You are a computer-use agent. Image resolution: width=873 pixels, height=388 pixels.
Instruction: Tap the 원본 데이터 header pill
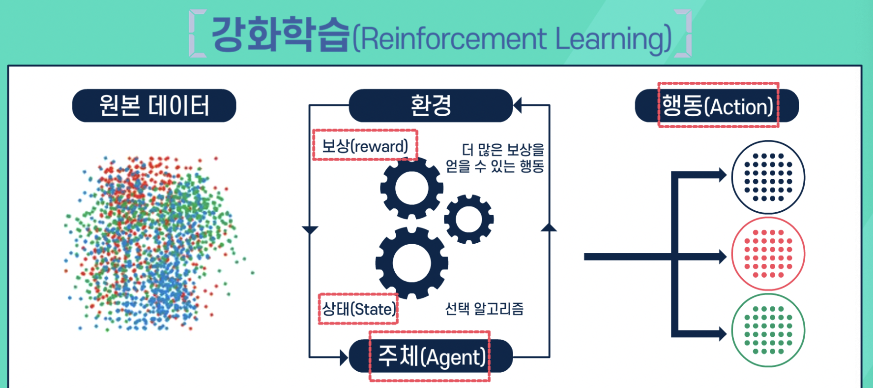click(154, 105)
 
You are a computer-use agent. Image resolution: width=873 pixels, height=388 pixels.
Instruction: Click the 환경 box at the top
click(431, 105)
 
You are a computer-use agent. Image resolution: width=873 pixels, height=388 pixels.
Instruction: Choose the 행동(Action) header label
click(718, 106)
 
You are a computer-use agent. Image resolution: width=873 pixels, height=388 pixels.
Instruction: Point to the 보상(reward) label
click(365, 146)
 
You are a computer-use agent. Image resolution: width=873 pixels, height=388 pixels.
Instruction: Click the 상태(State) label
click(358, 309)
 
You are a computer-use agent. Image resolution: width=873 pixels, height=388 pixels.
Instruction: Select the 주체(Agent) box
click(431, 356)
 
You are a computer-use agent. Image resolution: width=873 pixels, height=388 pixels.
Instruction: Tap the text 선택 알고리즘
click(484, 309)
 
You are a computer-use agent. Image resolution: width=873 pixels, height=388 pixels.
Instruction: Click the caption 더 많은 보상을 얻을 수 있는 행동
click(495, 158)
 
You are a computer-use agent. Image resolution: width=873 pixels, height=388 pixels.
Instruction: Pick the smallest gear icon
click(469, 219)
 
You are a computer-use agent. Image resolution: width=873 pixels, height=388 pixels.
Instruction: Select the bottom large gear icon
click(412, 263)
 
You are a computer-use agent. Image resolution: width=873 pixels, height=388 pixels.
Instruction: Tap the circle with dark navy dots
click(768, 177)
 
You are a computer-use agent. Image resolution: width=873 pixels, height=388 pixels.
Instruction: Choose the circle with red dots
click(768, 254)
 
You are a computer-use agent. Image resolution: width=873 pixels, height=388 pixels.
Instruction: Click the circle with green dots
click(768, 330)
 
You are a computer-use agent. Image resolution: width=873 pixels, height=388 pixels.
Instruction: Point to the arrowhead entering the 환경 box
click(517, 105)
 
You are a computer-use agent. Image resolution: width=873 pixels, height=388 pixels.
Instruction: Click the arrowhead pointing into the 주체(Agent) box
click(344, 357)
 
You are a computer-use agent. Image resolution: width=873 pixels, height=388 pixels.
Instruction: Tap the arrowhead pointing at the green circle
click(723, 334)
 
